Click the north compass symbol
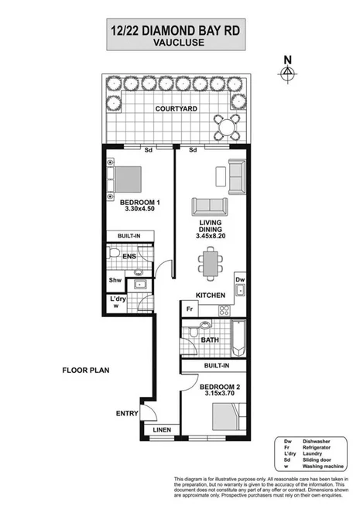coord(288,71)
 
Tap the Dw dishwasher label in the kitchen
coord(240,280)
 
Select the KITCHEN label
coord(210,295)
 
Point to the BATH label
coord(210,340)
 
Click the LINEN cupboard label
coord(162,429)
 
